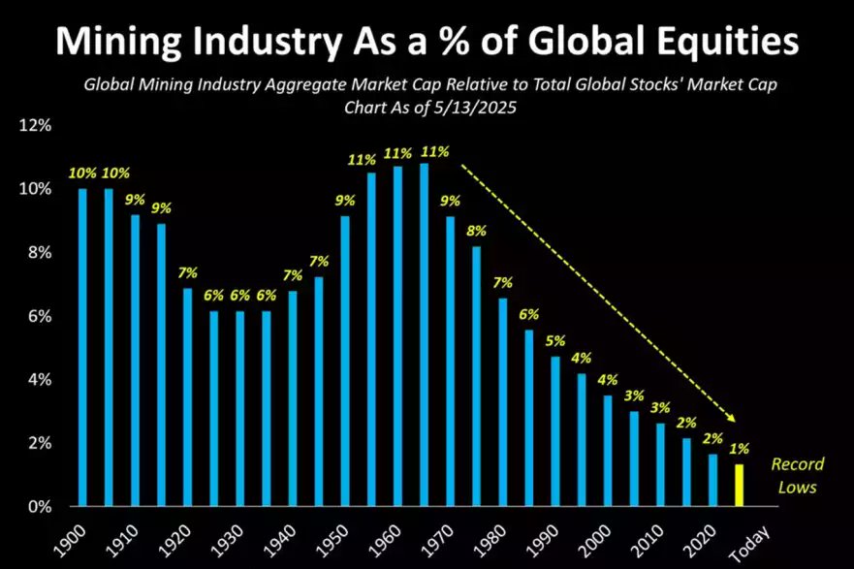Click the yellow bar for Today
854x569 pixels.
pos(741,486)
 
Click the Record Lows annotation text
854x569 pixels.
pos(793,476)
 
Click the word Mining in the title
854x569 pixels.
pos(117,43)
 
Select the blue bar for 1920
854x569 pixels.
pos(188,397)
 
